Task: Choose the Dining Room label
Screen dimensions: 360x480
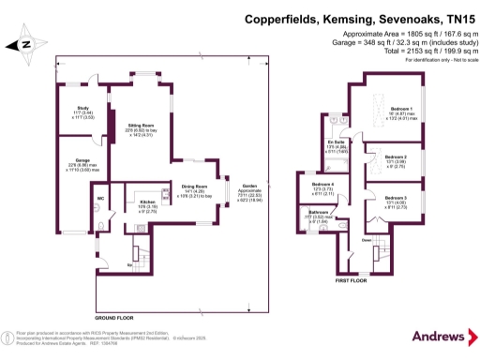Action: (194, 187)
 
